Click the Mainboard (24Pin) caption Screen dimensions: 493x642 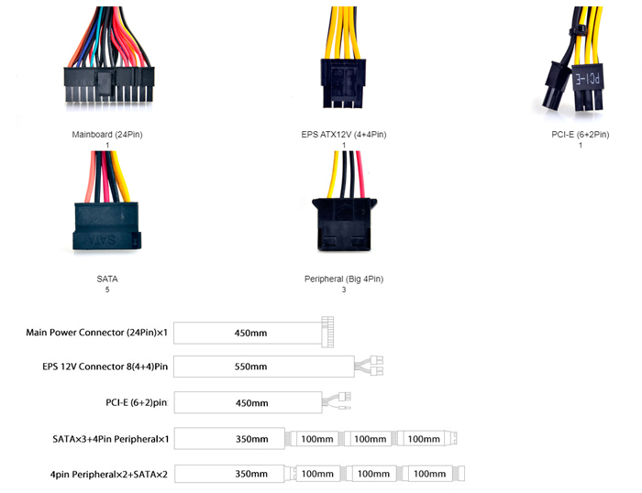(107, 135)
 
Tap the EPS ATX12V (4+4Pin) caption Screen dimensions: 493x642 (344, 135)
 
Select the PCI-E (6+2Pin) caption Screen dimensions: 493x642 (580, 135)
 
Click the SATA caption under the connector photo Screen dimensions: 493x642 (107, 279)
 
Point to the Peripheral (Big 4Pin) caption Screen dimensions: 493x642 (344, 279)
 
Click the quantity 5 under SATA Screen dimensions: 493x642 (107, 290)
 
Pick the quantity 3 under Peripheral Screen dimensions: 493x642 (344, 290)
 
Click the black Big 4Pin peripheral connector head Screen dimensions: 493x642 (344, 224)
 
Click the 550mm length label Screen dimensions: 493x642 (251, 367)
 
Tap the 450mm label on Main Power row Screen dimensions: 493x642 (251, 333)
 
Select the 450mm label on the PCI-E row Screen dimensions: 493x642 (251, 402)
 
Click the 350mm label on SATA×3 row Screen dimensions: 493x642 (251, 439)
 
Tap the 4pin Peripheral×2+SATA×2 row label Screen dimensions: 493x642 (97, 474)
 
